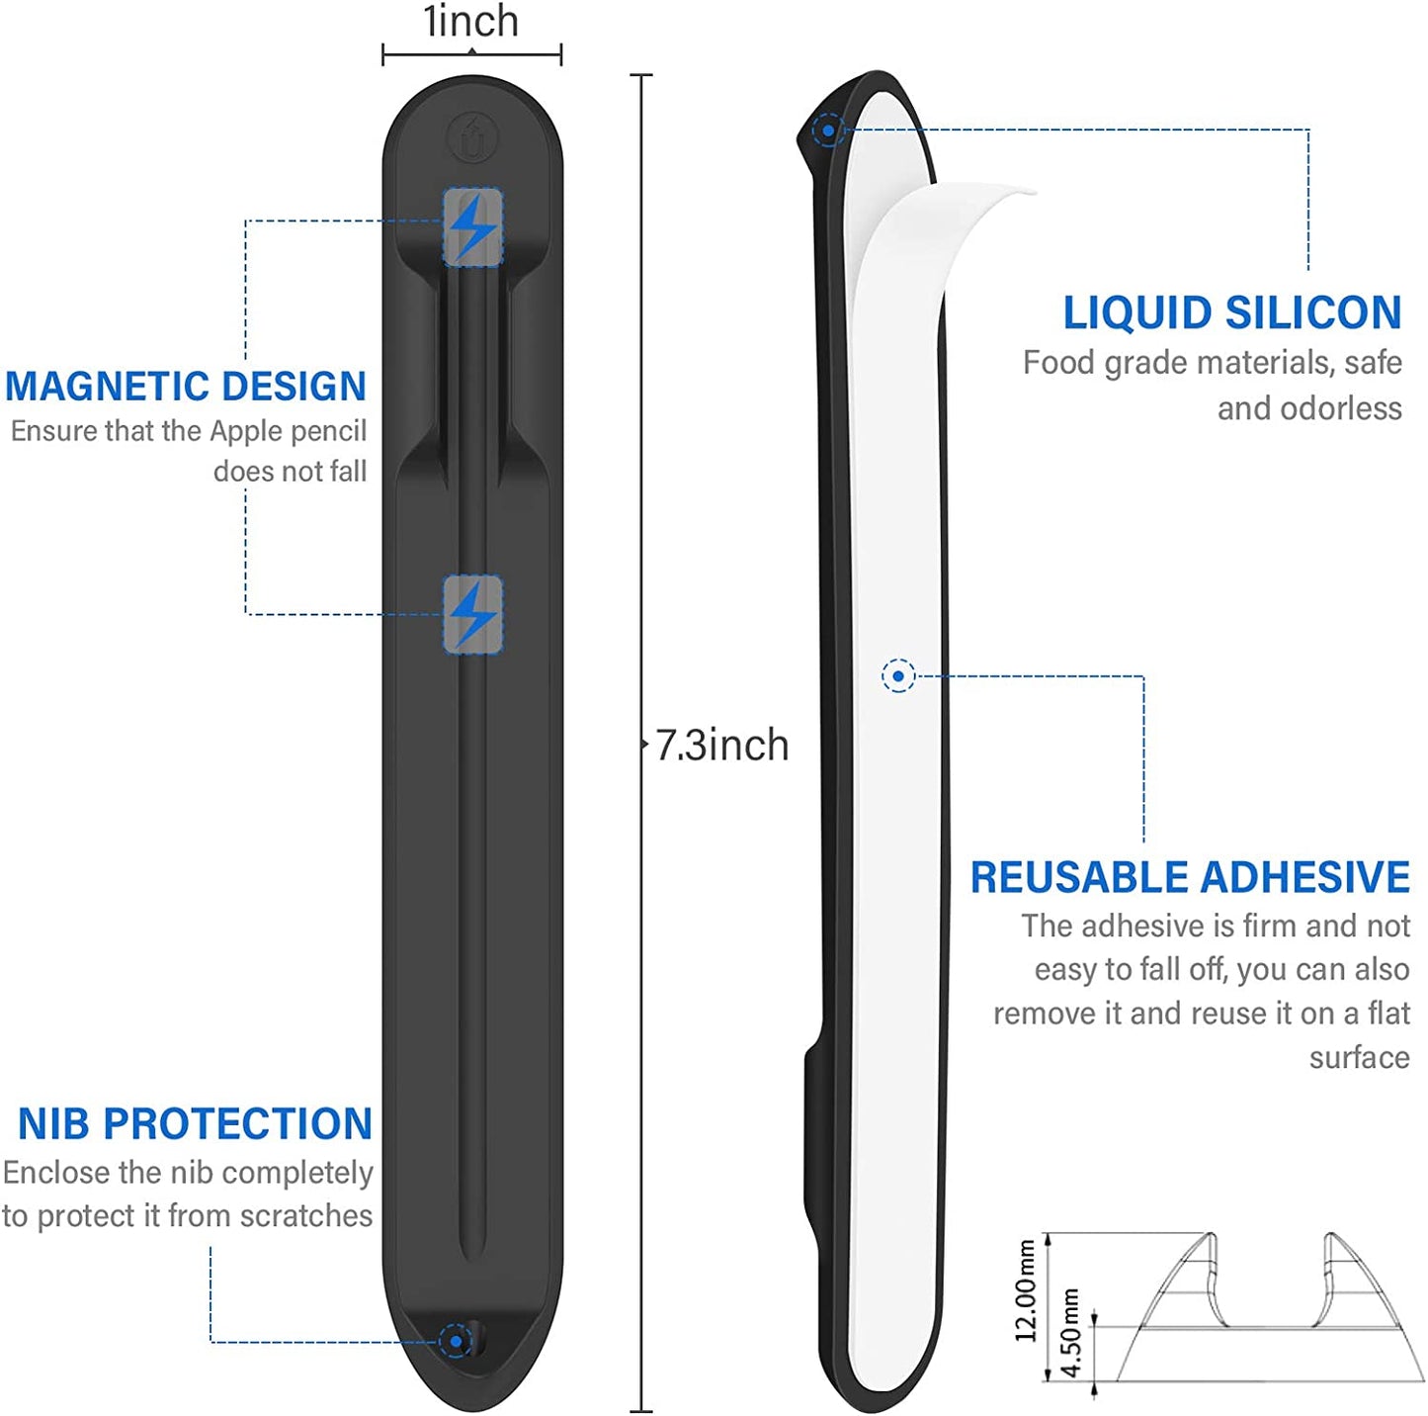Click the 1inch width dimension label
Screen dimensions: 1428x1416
point(470,21)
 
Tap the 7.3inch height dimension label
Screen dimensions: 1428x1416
point(721,745)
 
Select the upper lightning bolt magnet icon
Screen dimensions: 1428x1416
point(472,227)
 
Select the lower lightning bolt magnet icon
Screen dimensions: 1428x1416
point(472,614)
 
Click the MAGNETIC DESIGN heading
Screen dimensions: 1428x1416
point(186,386)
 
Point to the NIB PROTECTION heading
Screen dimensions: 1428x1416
point(195,1123)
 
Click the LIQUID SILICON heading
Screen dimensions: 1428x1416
point(1231,312)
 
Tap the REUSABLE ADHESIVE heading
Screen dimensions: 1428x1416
point(1190,877)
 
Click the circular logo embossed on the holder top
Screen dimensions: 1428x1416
point(472,136)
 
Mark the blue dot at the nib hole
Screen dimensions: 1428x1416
point(456,1341)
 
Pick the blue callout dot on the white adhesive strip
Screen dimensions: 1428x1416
point(898,675)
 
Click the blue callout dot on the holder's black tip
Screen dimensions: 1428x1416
point(828,131)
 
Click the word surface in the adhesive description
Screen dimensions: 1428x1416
point(1359,1057)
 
